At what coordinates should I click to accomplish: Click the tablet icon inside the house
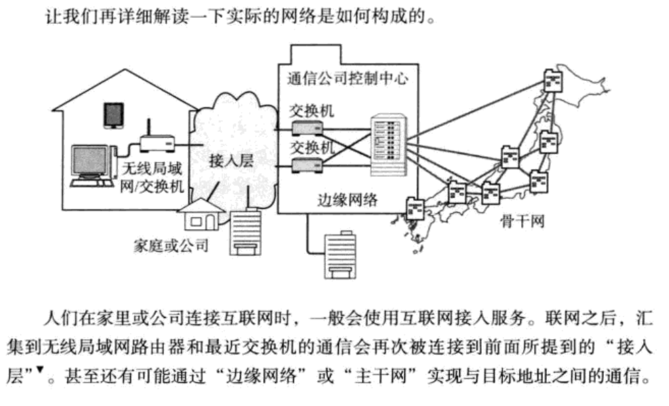tap(113, 114)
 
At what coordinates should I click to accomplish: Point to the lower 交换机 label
tap(311, 146)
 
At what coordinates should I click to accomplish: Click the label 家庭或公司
tap(171, 247)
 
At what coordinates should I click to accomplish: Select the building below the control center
tap(340, 255)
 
